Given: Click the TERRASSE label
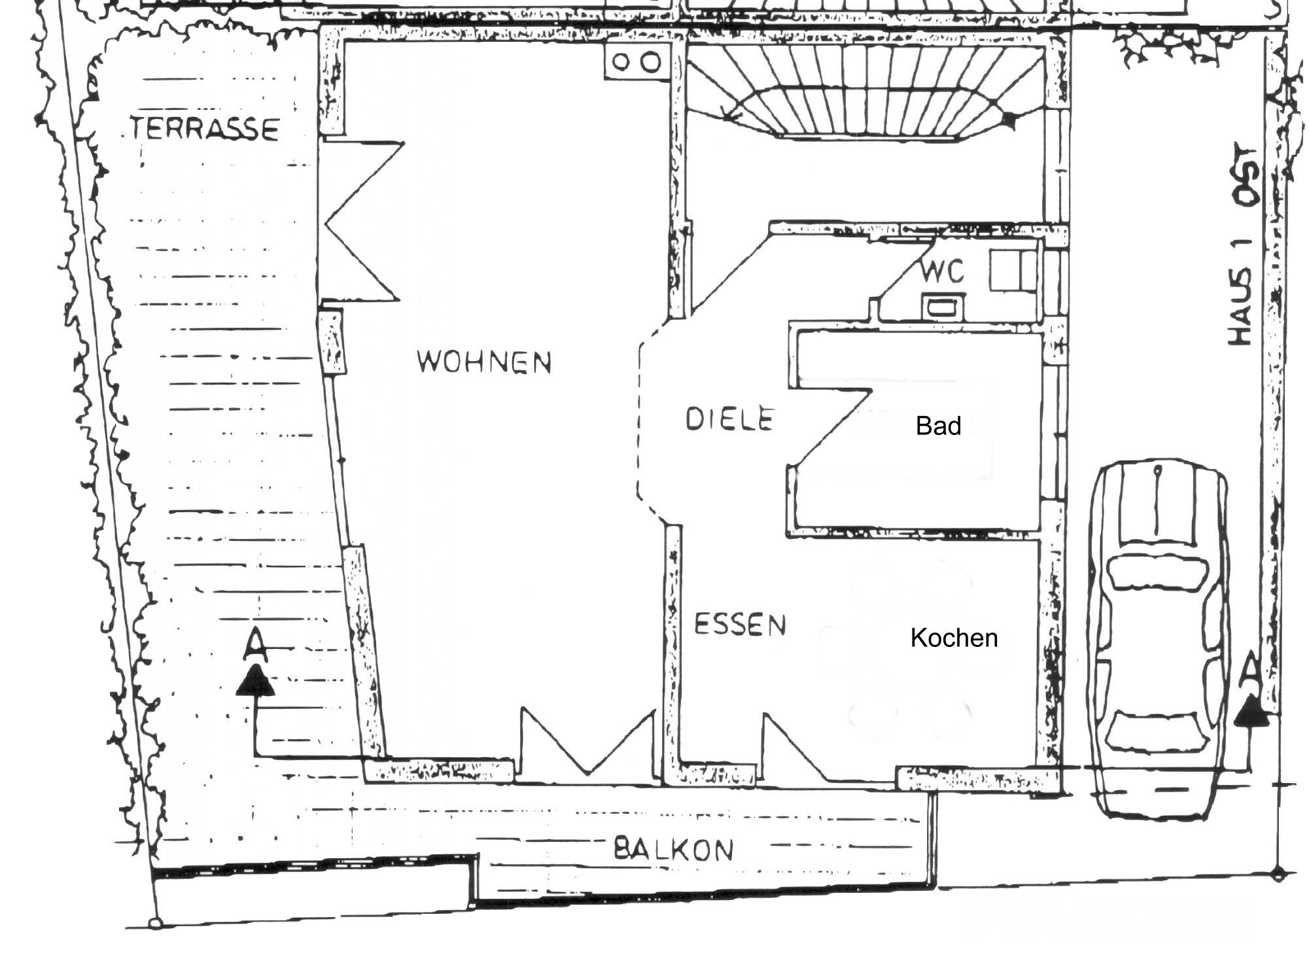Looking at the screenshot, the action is pos(205,128).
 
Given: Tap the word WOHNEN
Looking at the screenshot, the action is pos(484,362).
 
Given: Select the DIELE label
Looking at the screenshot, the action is pos(729,419).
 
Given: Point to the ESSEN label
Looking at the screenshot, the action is pos(739,624).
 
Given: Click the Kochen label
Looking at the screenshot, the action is pos(954,638).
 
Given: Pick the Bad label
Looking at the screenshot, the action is pos(938,426).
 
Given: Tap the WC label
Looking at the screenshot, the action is pos(942,271).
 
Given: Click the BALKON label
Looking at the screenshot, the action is pos(673,850).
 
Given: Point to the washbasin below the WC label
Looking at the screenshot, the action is pos(943,306).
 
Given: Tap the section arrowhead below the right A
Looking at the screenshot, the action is pos(1251,711).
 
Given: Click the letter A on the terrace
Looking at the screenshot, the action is pos(255,644).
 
